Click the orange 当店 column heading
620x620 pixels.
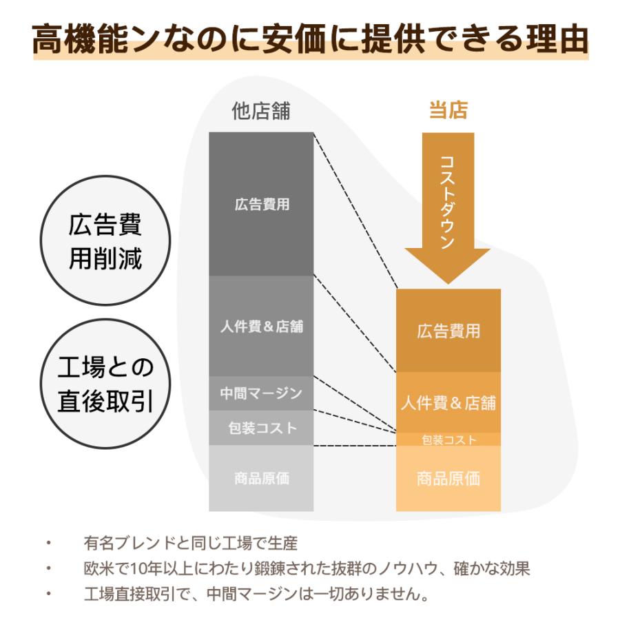(448, 111)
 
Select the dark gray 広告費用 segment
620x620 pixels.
(261, 205)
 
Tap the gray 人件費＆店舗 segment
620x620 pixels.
(261, 326)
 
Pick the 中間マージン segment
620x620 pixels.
(261, 393)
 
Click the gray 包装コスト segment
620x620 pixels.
(261, 428)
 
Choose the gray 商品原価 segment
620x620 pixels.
(261, 478)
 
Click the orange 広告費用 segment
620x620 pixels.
(448, 331)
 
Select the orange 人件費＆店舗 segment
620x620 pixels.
(448, 402)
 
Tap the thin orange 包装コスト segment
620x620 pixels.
(448, 440)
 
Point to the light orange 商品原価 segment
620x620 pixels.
(448, 478)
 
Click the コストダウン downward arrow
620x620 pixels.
(448, 207)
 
